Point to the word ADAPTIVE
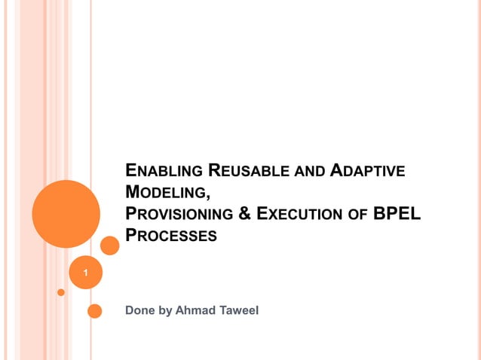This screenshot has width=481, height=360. [369, 171]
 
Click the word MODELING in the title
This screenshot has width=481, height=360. [166, 193]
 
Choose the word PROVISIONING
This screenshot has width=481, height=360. [179, 215]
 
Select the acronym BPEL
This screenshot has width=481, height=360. [397, 214]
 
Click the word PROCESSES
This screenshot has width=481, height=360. [171, 236]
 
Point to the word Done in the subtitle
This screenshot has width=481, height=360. [139, 310]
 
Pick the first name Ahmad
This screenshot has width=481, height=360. [194, 310]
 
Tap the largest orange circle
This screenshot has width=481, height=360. [66, 214]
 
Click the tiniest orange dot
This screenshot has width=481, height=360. [61, 291]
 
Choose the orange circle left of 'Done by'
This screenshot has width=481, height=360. [95, 310]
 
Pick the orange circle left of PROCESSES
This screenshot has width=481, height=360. [110, 245]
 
